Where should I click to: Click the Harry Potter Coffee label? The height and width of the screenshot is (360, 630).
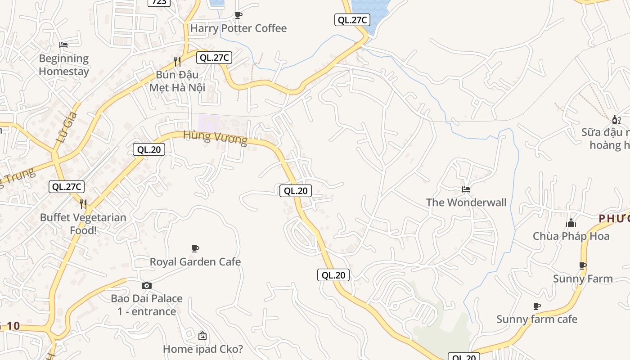tap(238, 28)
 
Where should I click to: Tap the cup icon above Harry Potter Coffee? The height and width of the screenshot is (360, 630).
tap(238, 15)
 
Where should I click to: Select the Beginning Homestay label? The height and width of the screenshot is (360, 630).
tap(63, 65)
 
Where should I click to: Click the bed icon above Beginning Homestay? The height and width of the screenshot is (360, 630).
tap(63, 45)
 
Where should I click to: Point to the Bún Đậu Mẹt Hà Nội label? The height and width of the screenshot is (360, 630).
tap(177, 81)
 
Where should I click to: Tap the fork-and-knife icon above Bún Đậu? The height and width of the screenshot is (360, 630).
tap(177, 61)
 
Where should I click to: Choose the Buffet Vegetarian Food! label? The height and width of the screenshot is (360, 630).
tap(83, 224)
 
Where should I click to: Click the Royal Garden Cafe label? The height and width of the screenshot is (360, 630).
tap(195, 262)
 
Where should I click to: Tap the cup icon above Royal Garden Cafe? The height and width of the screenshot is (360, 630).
tap(195, 248)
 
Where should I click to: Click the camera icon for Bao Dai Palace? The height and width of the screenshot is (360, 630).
tap(147, 285)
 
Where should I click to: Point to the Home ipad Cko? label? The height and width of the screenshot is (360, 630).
tap(202, 349)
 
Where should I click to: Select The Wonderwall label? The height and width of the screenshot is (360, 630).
tap(466, 202)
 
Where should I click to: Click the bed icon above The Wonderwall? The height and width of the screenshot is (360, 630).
tap(466, 189)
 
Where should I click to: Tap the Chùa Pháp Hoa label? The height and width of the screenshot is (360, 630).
tap(571, 236)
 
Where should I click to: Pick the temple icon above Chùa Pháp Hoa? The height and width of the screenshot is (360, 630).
tap(571, 223)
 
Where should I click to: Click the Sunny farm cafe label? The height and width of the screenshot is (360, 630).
tap(536, 319)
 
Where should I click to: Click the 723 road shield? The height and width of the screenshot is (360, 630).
tap(159, 2)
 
